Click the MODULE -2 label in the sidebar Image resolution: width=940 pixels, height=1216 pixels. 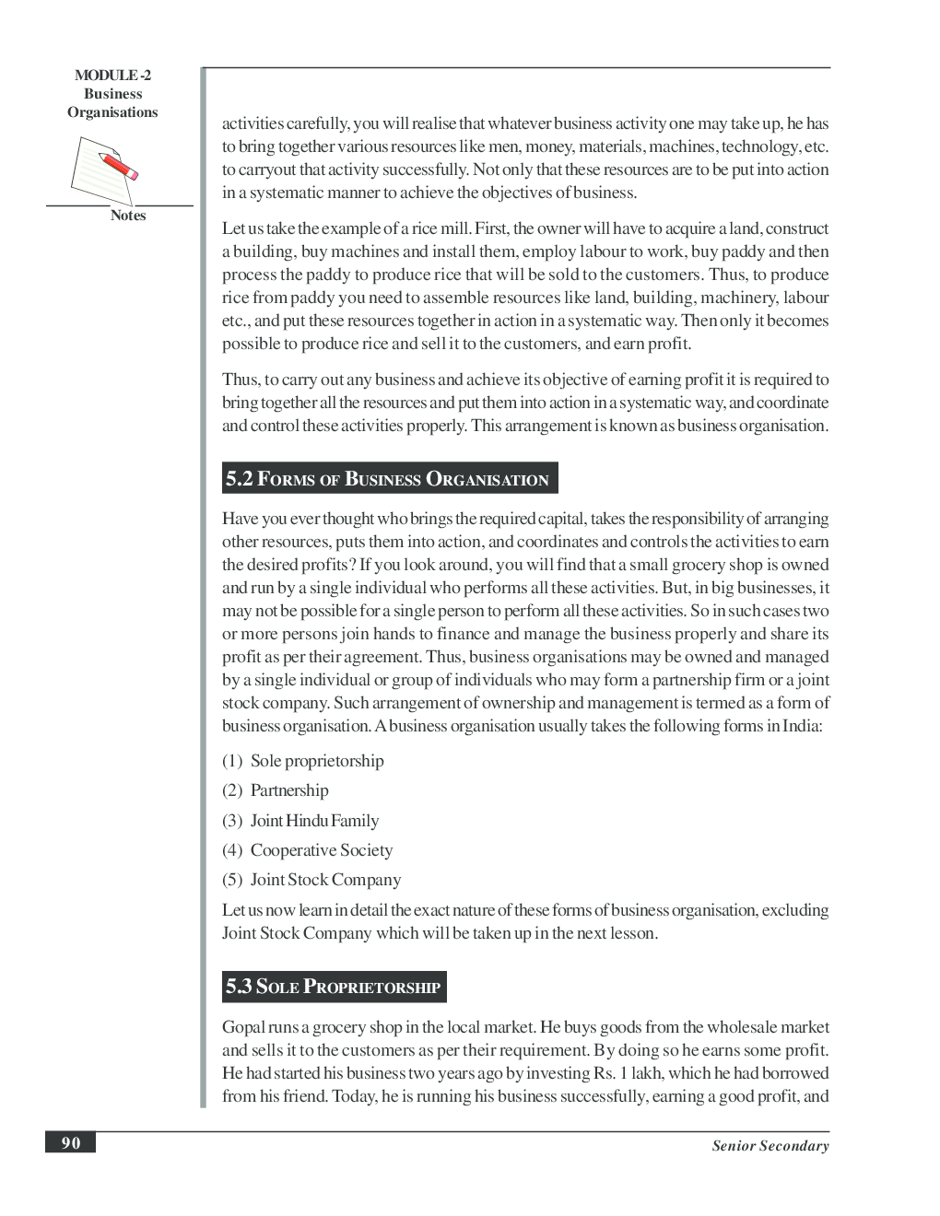click(112, 76)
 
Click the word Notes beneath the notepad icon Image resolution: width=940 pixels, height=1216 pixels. click(128, 216)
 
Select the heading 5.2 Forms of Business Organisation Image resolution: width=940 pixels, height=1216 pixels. click(388, 479)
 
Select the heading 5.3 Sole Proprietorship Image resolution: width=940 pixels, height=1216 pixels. click(334, 987)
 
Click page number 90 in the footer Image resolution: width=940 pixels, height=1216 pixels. click(71, 1143)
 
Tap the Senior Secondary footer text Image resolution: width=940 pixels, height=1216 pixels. click(770, 1146)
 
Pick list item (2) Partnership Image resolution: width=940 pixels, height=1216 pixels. click(276, 790)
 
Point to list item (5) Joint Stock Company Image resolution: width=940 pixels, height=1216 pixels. click(311, 880)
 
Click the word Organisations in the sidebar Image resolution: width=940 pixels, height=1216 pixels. click(112, 112)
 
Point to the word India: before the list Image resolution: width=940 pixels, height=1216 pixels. click(802, 726)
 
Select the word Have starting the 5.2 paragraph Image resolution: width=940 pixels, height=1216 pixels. click(240, 519)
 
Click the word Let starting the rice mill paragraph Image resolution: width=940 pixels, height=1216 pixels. click(232, 228)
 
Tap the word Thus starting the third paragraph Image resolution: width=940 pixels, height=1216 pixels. click(241, 380)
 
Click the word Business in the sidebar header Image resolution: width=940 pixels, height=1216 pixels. click(112, 94)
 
